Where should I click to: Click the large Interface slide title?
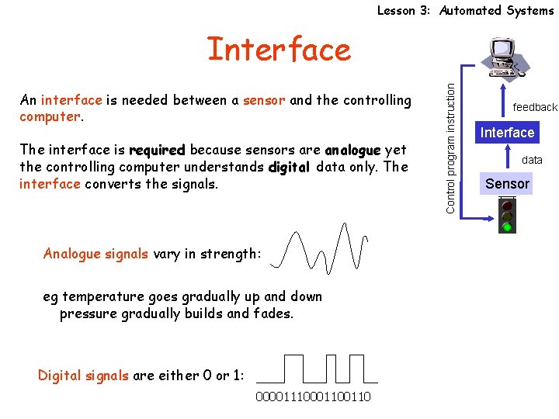[279, 50]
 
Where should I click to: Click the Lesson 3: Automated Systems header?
[465, 10]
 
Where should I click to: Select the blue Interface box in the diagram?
[507, 133]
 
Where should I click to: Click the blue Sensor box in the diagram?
[507, 184]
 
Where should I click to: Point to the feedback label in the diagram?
[535, 107]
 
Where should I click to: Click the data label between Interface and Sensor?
[532, 160]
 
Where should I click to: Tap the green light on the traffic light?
[507, 227]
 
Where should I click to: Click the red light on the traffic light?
[507, 206]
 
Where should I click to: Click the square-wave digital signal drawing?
[317, 369]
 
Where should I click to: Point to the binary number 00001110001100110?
[313, 397]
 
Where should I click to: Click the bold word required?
[157, 150]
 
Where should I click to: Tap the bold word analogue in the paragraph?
[352, 150]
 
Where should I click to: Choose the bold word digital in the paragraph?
[289, 167]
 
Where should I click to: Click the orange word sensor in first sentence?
[264, 100]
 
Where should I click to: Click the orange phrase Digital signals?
[83, 376]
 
